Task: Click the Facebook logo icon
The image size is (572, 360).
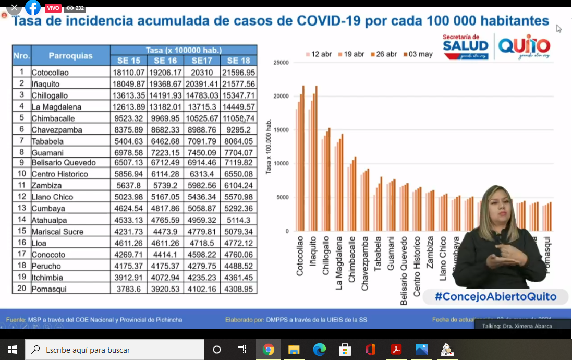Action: click(33, 7)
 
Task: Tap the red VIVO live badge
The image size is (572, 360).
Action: click(53, 8)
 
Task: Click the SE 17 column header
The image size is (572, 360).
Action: click(202, 61)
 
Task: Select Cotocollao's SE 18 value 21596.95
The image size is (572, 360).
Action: click(238, 72)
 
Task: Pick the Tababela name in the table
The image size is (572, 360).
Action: click(47, 141)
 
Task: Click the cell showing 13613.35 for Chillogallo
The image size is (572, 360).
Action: click(128, 95)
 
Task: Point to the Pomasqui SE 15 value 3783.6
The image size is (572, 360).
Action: click(128, 289)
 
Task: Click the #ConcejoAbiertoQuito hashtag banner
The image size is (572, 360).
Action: click(495, 297)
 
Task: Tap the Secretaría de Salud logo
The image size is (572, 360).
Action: click(466, 46)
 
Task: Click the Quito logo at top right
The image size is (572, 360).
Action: click(524, 47)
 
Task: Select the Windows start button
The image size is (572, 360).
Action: click(13, 350)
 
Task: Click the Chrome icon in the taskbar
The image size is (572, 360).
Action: click(269, 350)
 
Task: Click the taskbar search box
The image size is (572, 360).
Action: click(115, 350)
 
